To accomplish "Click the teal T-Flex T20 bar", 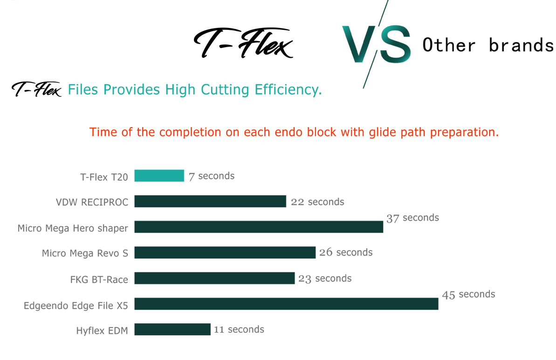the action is tap(159, 176).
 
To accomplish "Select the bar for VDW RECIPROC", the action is tap(210, 201).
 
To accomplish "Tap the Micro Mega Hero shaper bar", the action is tap(259, 227).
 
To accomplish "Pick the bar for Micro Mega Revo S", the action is tap(225, 252).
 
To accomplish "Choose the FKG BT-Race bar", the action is tap(214, 278).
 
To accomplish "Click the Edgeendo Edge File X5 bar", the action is tap(286, 304).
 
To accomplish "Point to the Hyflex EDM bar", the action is tap(172, 329).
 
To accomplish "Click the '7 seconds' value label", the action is tap(211, 176).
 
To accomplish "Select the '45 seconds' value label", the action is tap(468, 294).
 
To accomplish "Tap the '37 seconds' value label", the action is tap(412, 218).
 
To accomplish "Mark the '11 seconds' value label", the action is tap(239, 330).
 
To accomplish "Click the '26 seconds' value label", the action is tap(346, 252).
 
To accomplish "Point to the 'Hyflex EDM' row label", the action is tap(102, 331).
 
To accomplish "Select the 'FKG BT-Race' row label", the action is tap(99, 279).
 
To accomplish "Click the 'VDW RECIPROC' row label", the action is tap(92, 202).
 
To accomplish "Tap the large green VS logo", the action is tap(376, 44).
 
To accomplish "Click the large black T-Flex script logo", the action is tap(243, 43).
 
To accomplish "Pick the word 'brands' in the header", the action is tap(521, 45).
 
